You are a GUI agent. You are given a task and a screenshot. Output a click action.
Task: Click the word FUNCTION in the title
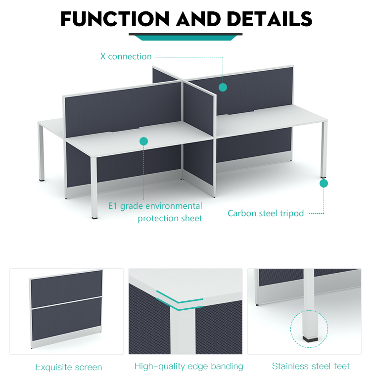(115, 19)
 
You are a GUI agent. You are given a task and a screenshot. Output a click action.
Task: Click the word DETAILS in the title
(269, 19)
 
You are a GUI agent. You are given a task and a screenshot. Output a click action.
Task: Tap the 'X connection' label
(126, 56)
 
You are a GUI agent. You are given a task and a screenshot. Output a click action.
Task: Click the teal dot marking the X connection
(223, 87)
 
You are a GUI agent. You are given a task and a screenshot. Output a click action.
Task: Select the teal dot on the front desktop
(143, 141)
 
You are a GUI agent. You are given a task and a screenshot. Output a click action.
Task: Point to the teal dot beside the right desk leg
(324, 184)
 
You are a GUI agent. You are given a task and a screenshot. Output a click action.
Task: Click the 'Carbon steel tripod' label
(266, 213)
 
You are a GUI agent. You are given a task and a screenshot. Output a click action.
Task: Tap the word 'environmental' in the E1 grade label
(175, 206)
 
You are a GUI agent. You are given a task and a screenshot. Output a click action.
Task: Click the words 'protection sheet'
(170, 218)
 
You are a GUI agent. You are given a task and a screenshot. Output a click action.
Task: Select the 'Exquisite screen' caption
(68, 367)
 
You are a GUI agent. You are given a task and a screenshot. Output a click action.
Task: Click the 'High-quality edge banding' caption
(188, 366)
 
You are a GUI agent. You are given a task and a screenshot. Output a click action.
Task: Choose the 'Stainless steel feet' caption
(311, 366)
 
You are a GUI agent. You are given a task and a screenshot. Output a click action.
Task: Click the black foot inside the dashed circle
(310, 339)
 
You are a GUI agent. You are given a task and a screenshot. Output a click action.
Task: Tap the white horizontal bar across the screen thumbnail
(66, 303)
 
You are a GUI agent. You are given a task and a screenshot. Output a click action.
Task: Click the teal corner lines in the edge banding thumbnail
(180, 301)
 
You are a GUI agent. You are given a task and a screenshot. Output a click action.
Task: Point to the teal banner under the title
(185, 38)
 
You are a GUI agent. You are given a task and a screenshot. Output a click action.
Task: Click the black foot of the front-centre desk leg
(94, 218)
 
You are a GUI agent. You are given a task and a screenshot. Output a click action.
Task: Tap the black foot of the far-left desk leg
(42, 181)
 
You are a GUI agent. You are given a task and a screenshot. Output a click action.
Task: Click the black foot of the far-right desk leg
(323, 177)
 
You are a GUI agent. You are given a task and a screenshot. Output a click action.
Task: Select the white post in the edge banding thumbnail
(183, 331)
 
